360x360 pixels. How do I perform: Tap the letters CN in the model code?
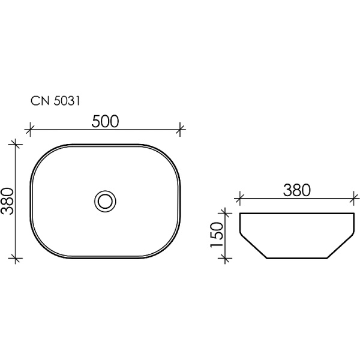39,102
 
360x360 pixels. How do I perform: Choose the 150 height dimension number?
217,235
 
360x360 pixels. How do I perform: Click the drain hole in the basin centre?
106,201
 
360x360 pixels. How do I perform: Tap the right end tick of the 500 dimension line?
182,129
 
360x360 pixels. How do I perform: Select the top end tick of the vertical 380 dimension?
16,144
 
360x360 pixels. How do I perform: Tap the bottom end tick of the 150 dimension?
225,258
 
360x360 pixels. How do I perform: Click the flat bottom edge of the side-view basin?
297,258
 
